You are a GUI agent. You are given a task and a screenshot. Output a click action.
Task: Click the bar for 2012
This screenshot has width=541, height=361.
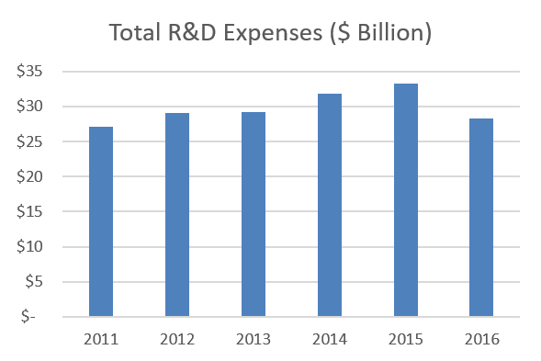tap(177, 215)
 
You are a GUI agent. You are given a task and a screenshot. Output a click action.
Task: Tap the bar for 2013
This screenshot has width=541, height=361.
tap(254, 215)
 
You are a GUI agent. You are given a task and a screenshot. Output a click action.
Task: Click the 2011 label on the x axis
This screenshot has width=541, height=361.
tap(101, 339)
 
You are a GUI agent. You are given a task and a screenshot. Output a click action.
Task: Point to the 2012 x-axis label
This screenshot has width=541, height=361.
tap(177, 339)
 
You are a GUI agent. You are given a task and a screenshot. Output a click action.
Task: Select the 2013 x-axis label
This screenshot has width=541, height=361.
tap(254, 339)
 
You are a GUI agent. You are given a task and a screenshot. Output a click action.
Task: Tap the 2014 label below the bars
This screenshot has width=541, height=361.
tap(330, 339)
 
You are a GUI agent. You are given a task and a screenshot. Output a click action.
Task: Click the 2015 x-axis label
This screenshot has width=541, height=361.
tap(406, 339)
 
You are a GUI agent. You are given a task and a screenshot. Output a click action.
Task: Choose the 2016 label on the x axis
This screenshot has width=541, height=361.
tap(481, 339)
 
